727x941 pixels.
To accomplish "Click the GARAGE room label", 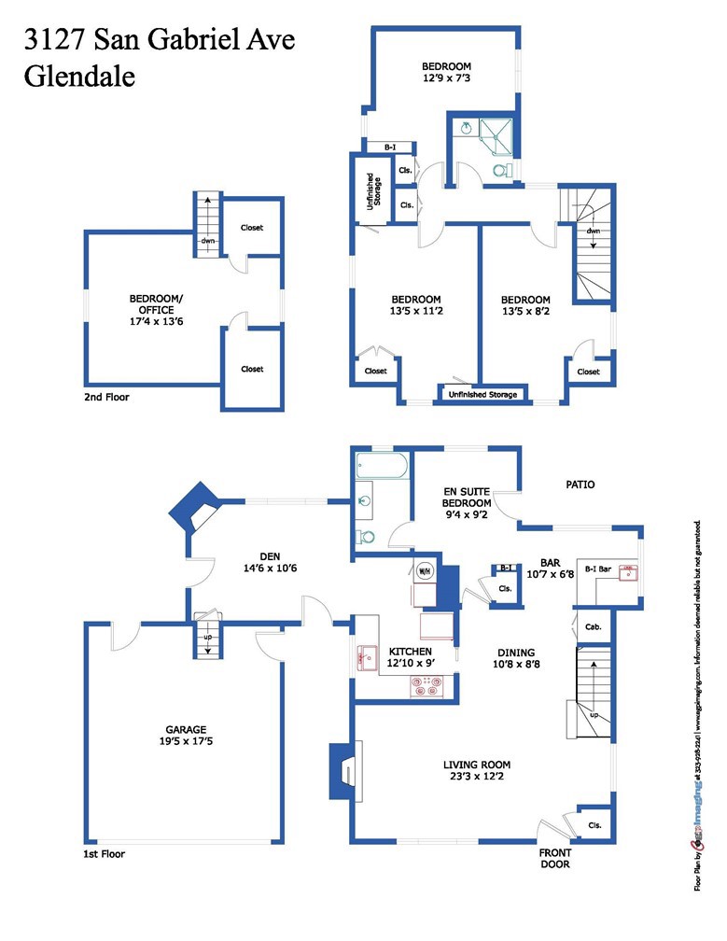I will click(186, 729).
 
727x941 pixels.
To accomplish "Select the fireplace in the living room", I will click(343, 771).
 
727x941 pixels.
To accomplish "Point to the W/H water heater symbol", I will click(424, 571).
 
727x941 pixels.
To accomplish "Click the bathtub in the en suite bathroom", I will click(381, 464).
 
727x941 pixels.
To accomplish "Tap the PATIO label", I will click(580, 485).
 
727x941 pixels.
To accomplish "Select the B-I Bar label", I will click(597, 568).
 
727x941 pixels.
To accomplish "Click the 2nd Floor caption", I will click(105, 397).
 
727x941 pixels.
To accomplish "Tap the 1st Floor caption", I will click(103, 853).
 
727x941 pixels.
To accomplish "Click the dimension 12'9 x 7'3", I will click(446, 80).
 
